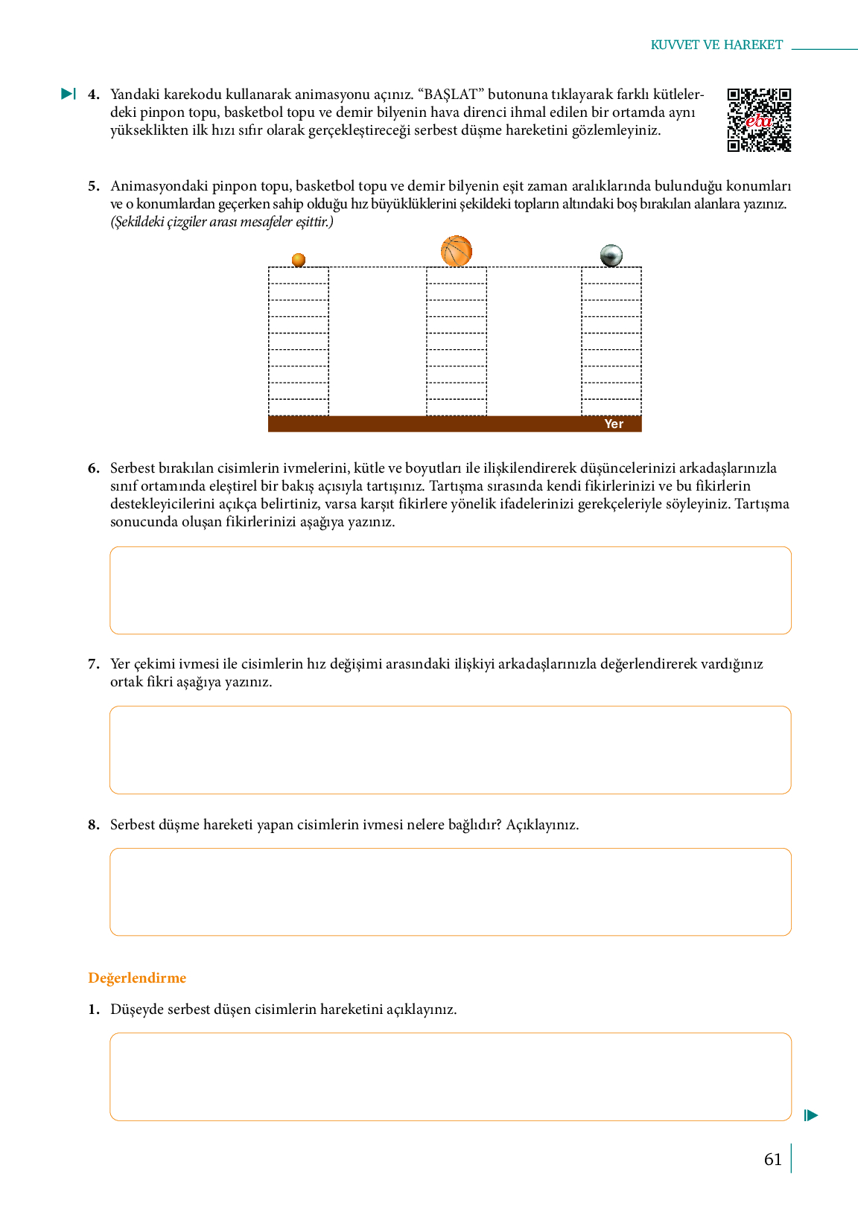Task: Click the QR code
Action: point(759,120)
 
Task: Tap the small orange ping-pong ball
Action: point(299,260)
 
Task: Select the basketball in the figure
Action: point(457,251)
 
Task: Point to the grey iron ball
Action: point(611,255)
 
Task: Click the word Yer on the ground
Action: point(614,424)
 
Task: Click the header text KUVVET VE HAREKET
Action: point(716,45)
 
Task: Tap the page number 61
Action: point(773,1159)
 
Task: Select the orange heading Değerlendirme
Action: point(137,977)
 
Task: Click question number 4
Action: point(93,95)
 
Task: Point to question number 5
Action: point(93,186)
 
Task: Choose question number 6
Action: point(93,468)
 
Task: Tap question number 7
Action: point(93,664)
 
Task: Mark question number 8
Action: point(93,825)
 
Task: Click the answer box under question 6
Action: point(450,590)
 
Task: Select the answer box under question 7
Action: point(450,750)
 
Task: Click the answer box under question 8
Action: point(450,892)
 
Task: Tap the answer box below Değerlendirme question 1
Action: point(450,1076)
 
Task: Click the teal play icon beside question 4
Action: point(69,94)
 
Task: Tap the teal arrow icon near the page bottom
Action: point(811,1115)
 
